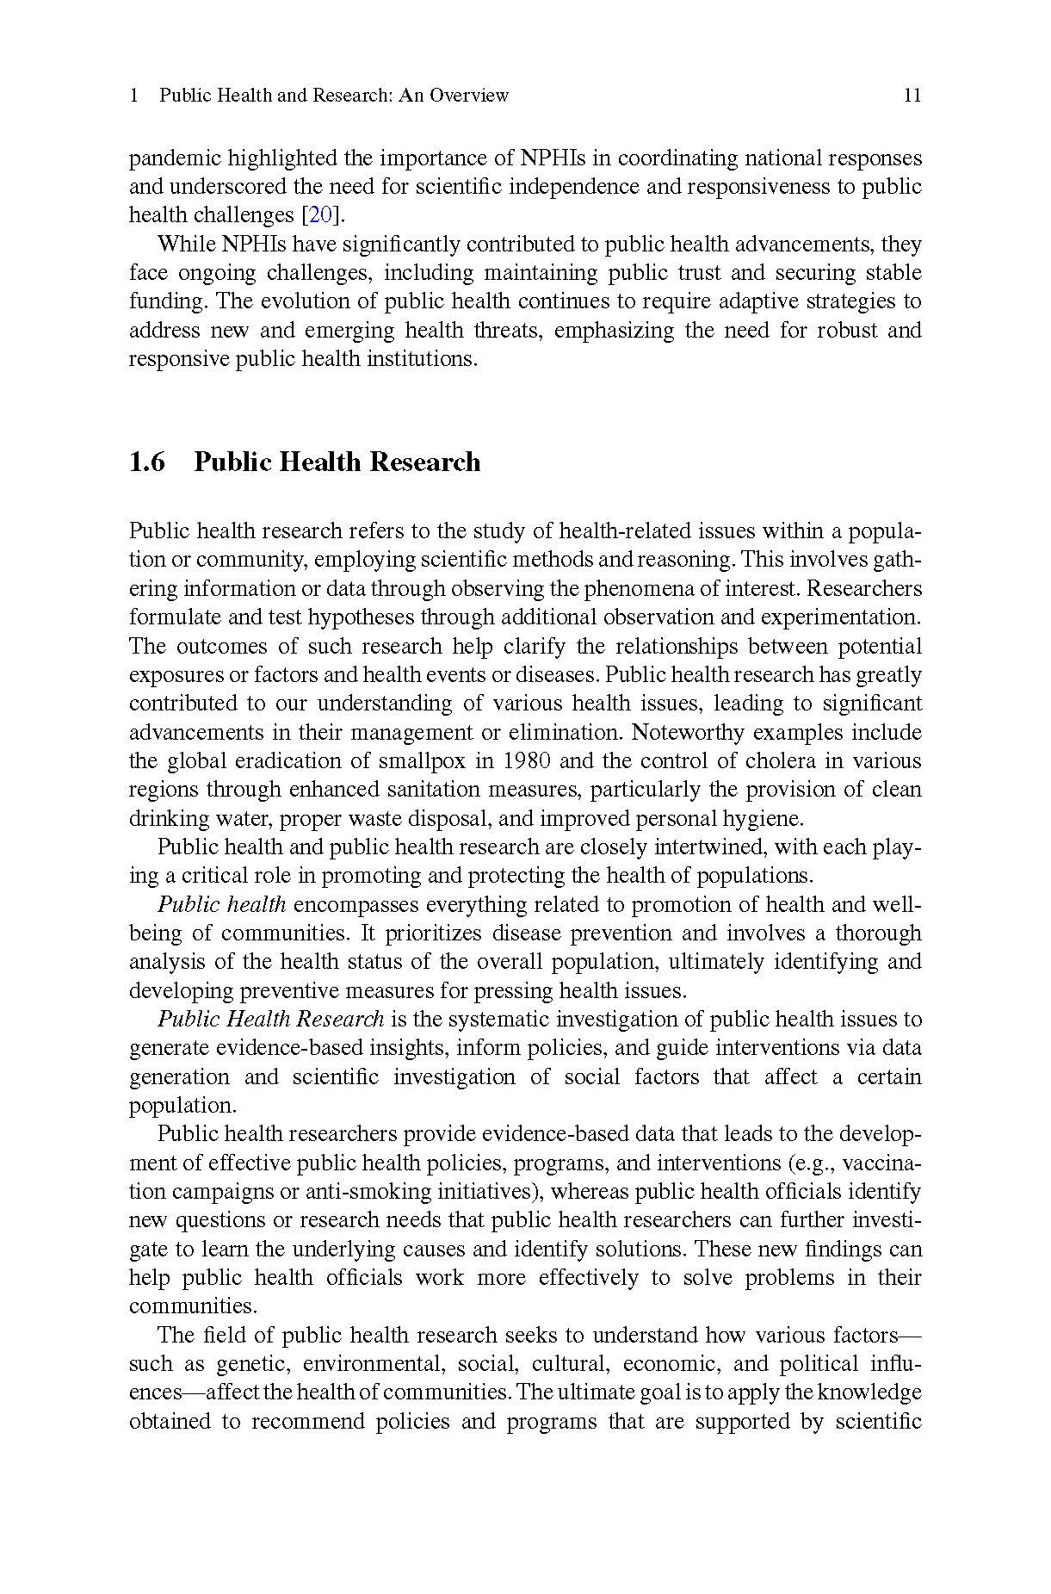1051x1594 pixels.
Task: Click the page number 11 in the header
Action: (x=912, y=96)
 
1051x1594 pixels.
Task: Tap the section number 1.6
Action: (x=147, y=462)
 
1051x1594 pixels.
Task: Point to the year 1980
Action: (x=526, y=761)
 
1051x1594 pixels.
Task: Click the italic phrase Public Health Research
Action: (x=270, y=1020)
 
